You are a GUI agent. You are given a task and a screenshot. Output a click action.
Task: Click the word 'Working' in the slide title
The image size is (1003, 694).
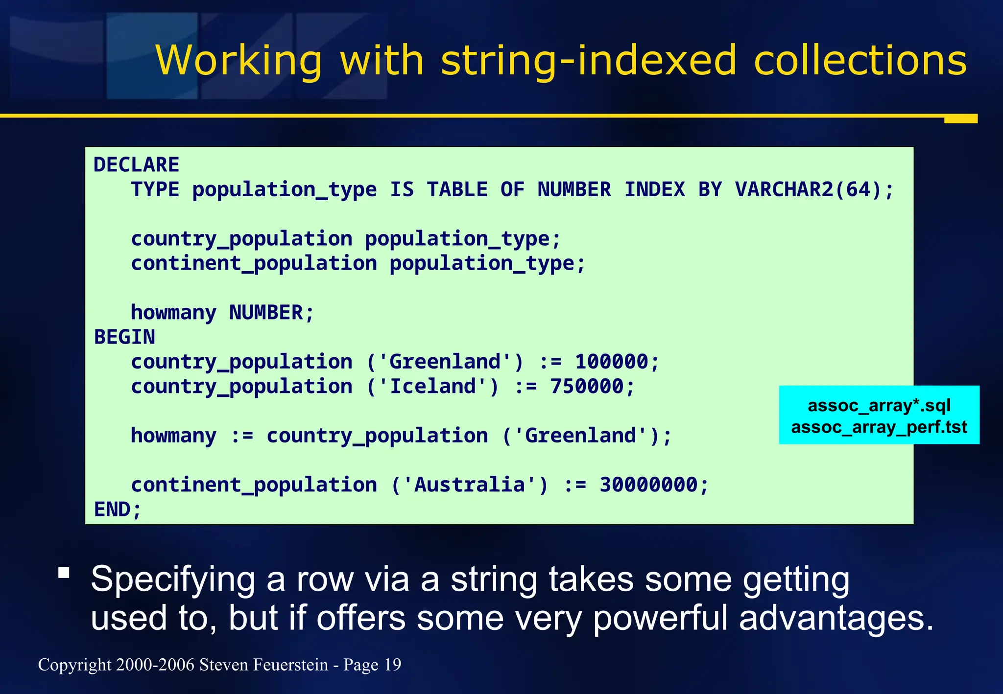[x=239, y=61]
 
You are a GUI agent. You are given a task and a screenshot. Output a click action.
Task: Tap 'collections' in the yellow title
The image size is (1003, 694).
[x=860, y=61]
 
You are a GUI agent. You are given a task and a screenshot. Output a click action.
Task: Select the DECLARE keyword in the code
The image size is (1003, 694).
[x=136, y=165]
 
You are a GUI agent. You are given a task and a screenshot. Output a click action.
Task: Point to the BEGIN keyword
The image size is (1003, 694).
[x=124, y=337]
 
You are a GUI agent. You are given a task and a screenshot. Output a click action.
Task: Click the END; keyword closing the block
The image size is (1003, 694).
[x=118, y=509]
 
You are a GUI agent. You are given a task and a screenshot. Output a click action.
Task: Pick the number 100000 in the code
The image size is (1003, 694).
[x=611, y=362]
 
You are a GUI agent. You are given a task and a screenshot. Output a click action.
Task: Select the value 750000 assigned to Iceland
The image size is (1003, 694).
[x=587, y=387]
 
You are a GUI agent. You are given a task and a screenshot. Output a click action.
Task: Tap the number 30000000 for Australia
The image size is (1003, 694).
[x=648, y=485]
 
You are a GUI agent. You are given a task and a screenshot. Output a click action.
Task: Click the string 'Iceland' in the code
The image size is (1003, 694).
[x=433, y=387]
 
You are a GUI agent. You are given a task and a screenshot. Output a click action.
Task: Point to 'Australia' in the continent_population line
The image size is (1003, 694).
[x=470, y=485]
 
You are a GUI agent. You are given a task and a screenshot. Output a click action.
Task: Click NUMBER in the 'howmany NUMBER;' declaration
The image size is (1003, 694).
[x=266, y=313]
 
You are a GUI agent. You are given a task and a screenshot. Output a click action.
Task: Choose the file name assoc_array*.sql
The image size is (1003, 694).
[x=879, y=405]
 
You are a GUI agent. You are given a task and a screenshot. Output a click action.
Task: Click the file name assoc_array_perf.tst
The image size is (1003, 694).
[x=879, y=427]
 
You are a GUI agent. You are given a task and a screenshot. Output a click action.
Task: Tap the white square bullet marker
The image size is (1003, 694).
[x=64, y=573]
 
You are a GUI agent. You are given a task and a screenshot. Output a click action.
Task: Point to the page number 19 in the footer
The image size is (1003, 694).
[x=392, y=665]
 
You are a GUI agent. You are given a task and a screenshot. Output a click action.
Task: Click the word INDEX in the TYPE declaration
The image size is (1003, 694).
[x=654, y=190]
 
